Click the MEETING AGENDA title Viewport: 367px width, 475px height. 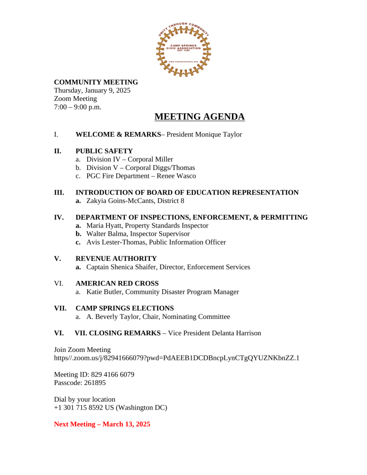pos(200,117)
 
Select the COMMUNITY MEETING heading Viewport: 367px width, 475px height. pos(96,82)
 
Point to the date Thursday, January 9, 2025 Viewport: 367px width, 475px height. pos(92,91)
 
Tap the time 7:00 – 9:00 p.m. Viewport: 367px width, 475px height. pos(77,107)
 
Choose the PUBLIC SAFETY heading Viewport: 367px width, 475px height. pos(104,151)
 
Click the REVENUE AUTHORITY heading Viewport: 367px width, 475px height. pos(116,259)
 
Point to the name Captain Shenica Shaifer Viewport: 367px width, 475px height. pos(125,267)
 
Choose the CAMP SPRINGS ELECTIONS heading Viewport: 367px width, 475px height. pos(124,308)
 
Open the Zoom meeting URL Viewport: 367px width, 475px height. pos(177,358)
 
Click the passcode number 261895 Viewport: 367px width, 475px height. pos(94,383)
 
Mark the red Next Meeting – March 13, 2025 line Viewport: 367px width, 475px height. pos(102,424)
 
